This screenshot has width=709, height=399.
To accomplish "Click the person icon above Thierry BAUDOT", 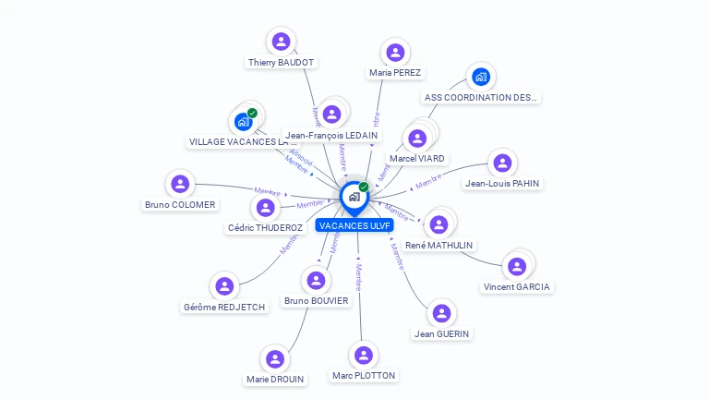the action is [x=282, y=42].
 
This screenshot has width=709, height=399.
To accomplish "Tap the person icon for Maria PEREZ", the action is [x=395, y=53].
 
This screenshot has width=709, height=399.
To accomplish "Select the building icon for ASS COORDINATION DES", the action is [x=480, y=77].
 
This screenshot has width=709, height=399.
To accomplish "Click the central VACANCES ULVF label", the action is [x=354, y=225].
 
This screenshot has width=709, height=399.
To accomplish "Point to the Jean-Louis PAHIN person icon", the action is [x=502, y=163].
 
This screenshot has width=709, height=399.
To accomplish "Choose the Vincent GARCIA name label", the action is [x=517, y=286].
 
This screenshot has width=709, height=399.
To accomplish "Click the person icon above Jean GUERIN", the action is [x=442, y=313].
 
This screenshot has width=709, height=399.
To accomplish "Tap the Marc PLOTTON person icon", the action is [x=364, y=356].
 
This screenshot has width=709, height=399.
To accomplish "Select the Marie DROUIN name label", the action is [x=275, y=379].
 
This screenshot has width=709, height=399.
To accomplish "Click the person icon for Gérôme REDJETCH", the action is [x=224, y=286].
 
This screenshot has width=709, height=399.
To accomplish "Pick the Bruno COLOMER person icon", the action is [x=180, y=184].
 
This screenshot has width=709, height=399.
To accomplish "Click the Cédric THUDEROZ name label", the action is [x=265, y=227].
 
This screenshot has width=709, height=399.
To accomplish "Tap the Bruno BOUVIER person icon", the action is [x=317, y=280].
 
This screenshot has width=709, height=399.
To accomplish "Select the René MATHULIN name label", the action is [x=439, y=246].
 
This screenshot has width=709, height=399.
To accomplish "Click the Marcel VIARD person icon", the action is [x=417, y=139].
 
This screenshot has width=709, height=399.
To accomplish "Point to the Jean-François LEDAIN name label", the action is [x=331, y=135].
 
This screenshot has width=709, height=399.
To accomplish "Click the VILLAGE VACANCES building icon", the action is [x=244, y=122].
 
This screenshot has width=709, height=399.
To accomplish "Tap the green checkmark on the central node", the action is [x=364, y=187].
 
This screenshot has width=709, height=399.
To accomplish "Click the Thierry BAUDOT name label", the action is [x=282, y=63].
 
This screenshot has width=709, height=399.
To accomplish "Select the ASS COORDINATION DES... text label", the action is [x=480, y=97].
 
